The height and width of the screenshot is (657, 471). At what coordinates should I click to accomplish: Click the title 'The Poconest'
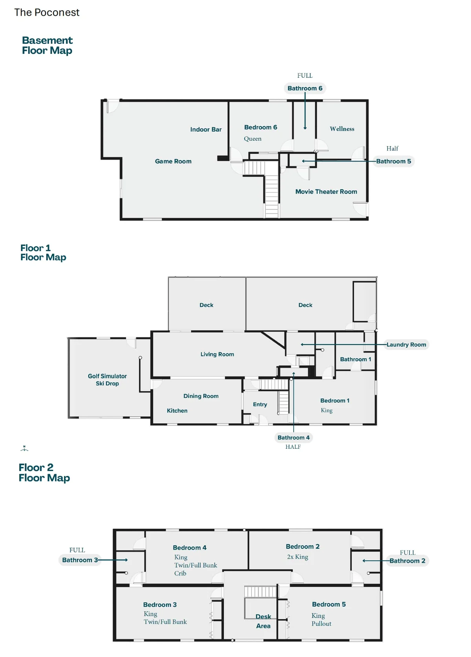(x=47, y=12)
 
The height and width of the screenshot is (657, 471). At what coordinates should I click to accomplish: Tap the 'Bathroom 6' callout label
(x=305, y=88)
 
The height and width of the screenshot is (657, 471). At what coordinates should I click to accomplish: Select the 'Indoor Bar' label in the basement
(x=206, y=129)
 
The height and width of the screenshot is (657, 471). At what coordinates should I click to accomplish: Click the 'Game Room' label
(x=173, y=161)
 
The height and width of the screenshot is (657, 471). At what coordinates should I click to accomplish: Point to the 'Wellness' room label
(x=342, y=129)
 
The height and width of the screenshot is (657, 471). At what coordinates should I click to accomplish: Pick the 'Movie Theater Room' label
(x=326, y=191)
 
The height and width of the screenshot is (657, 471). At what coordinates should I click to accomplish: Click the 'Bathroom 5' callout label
(x=393, y=161)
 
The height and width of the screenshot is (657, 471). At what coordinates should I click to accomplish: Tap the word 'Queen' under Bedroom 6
(x=252, y=139)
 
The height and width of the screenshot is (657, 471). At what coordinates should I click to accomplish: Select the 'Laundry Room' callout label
(x=406, y=345)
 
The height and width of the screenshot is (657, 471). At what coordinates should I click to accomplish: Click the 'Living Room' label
(x=217, y=354)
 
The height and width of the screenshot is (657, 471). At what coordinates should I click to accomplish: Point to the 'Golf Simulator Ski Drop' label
(x=107, y=380)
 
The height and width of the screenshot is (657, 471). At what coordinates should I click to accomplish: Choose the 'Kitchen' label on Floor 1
(x=177, y=411)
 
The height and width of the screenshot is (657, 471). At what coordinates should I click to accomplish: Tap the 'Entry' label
(x=260, y=404)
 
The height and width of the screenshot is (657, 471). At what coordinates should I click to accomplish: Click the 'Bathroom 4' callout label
(x=293, y=438)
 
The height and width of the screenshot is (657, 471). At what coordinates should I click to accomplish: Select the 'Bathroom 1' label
(x=355, y=359)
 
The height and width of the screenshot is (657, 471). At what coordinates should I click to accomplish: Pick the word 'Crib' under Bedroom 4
(x=180, y=573)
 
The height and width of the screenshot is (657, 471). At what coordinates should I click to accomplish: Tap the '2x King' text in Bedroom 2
(x=297, y=557)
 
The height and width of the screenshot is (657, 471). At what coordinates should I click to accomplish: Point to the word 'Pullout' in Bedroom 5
(x=321, y=624)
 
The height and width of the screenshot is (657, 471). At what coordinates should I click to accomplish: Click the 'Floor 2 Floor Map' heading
(x=44, y=473)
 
